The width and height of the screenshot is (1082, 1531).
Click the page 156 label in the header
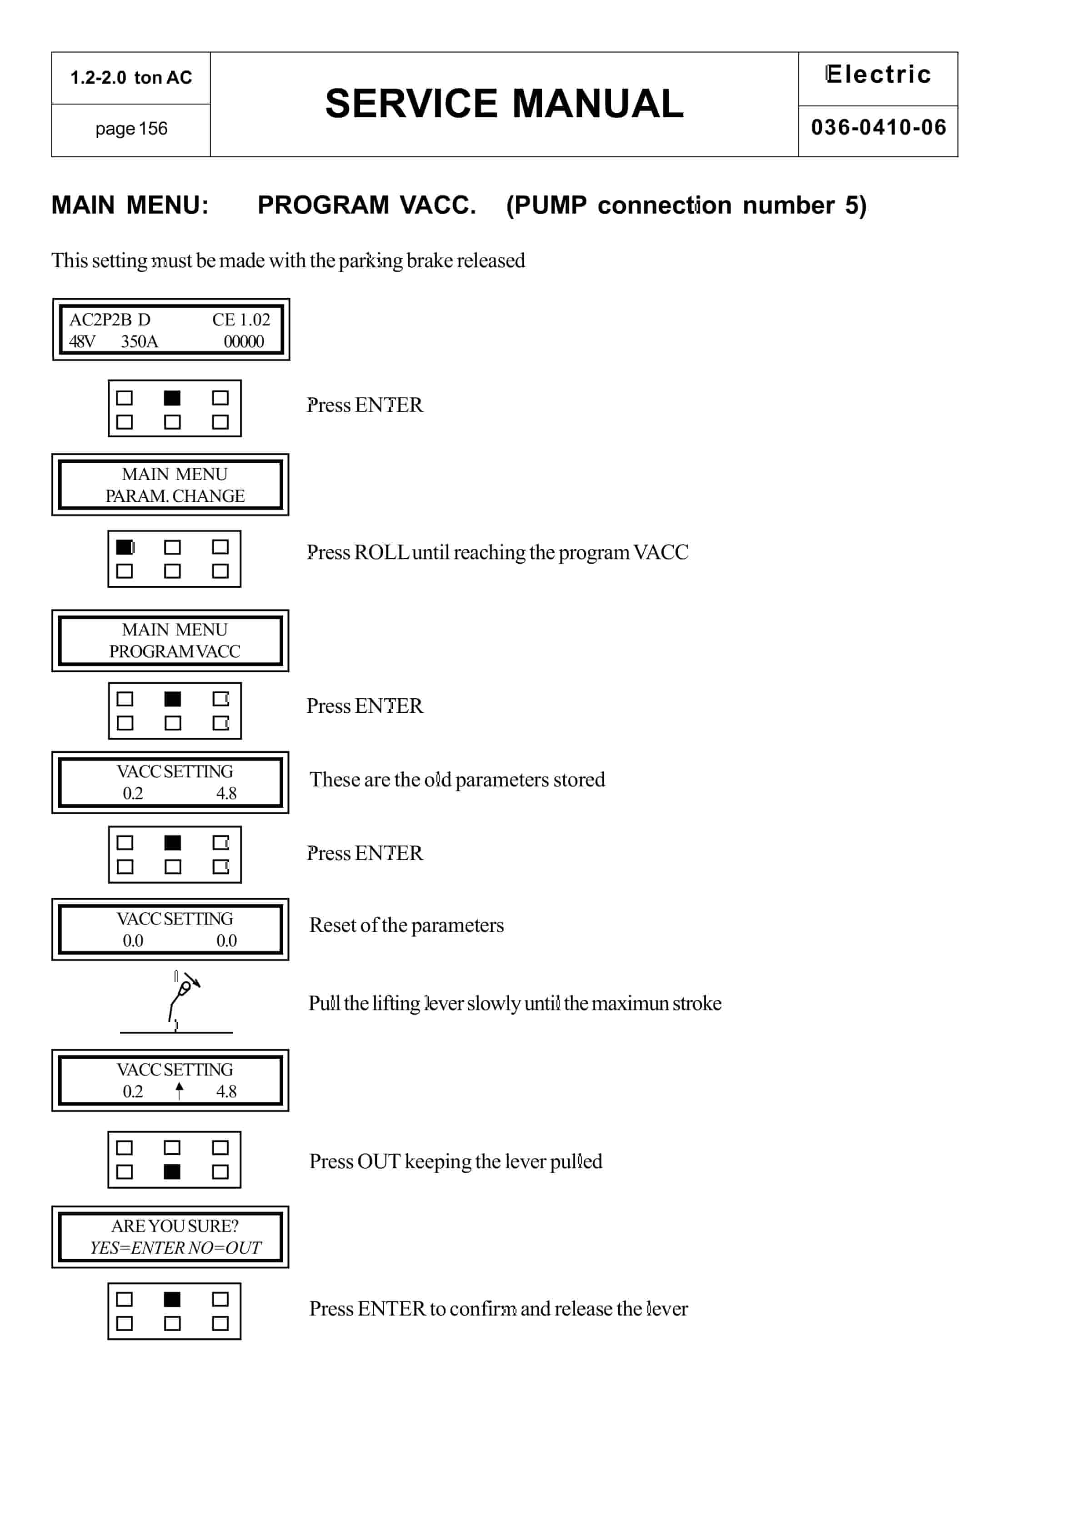131,129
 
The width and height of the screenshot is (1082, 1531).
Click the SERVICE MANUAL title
504,104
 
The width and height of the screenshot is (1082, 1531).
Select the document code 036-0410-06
878,127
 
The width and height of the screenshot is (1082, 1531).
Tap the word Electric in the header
878,74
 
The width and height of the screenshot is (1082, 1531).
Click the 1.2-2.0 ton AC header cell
131,77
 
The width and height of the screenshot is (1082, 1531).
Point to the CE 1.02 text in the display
241,320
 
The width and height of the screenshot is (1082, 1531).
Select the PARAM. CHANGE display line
175,496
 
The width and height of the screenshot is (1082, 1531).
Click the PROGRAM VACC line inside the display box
175,651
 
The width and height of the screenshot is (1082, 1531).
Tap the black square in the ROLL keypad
125,547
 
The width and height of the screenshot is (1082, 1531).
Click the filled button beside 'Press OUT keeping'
172,1171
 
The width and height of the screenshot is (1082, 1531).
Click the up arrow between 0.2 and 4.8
179,1091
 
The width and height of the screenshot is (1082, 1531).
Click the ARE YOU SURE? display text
175,1226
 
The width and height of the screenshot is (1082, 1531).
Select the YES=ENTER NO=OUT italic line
175,1248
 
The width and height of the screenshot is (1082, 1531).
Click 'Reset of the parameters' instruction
406,926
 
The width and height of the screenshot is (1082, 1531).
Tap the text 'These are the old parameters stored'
457,780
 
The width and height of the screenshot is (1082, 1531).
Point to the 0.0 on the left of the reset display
133,941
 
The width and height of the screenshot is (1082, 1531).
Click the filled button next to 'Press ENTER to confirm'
172,1299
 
